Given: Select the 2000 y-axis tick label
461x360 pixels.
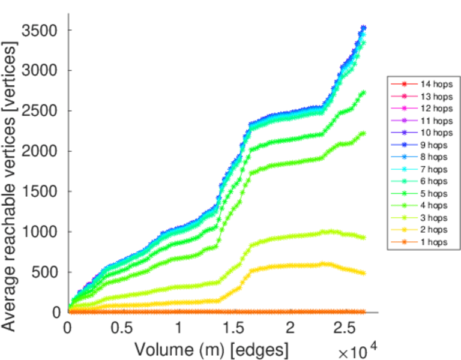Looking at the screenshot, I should point(41,151).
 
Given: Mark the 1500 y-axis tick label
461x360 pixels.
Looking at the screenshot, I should point(41,191).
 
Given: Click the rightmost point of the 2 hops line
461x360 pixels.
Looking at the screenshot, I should point(363,273).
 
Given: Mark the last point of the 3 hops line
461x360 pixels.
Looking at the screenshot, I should point(363,238).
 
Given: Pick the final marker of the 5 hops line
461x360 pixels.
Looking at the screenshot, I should point(363,92).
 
